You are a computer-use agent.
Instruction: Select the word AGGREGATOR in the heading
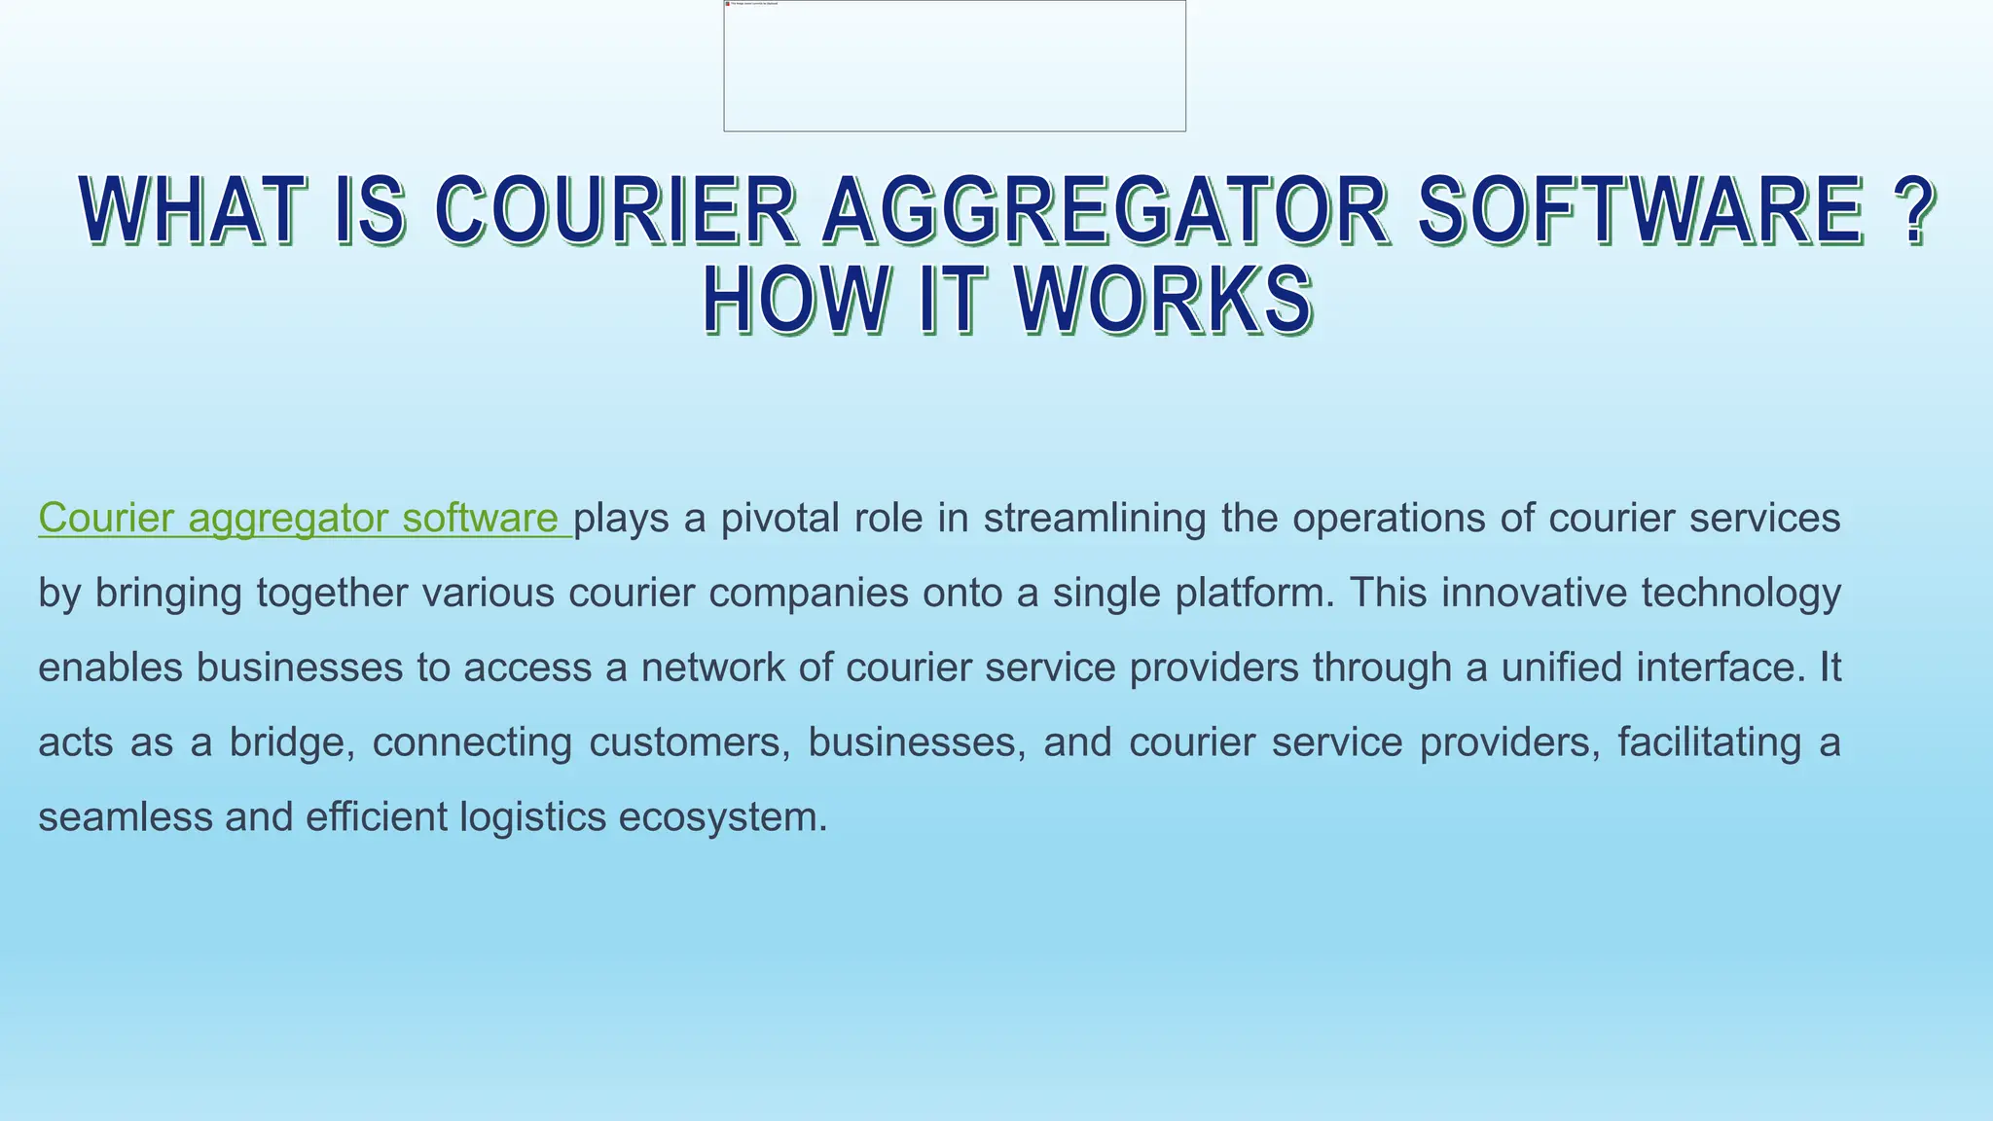(1105, 210)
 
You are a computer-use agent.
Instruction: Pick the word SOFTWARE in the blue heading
(1640, 210)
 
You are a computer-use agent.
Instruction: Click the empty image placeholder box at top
(954, 66)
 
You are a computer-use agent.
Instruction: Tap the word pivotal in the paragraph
(779, 518)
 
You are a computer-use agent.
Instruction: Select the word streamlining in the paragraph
(1095, 518)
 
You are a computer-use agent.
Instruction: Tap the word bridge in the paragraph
(288, 742)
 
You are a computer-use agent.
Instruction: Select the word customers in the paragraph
(688, 742)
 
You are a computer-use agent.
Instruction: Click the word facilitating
(1709, 742)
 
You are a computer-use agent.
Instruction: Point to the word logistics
(532, 817)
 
